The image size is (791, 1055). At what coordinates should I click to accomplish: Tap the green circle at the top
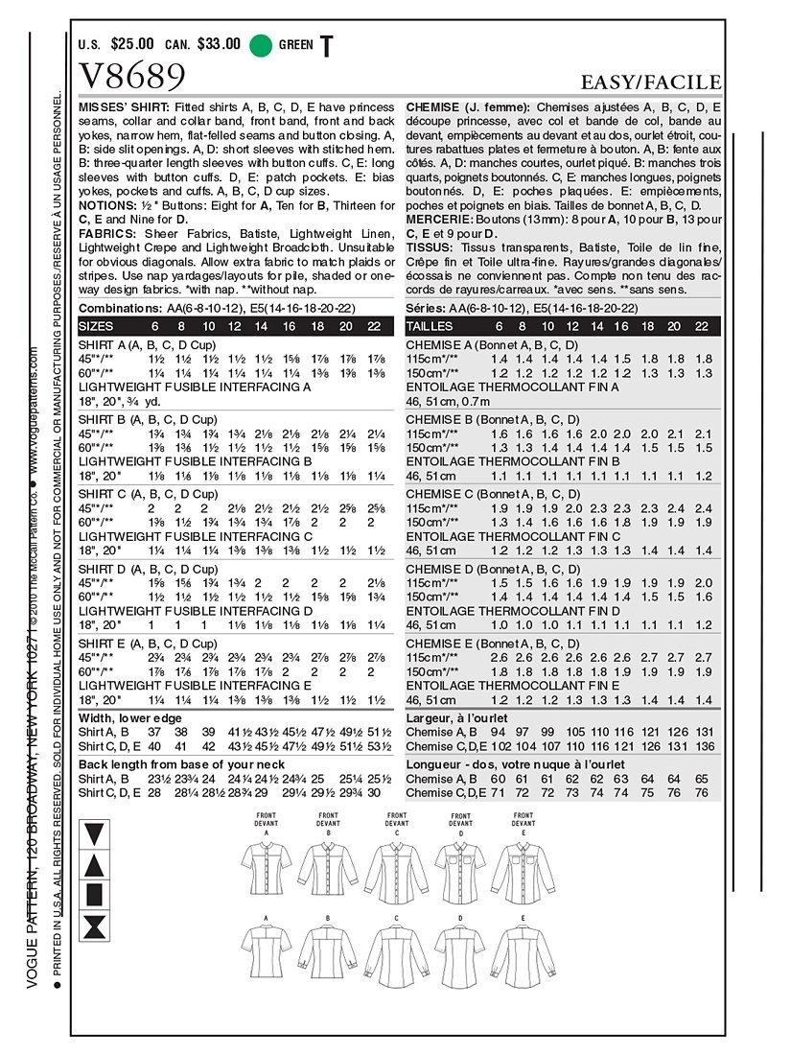(x=259, y=44)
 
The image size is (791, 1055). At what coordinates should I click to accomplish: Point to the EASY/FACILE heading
(x=650, y=82)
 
